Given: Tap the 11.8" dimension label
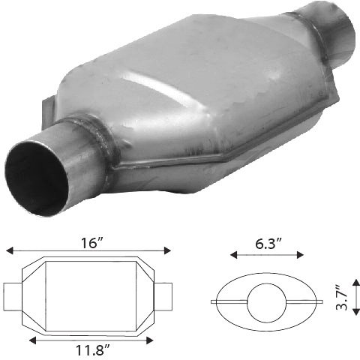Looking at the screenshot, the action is (92, 349).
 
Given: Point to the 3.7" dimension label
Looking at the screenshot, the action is (342, 297).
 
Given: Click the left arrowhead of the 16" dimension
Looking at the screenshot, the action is (9, 250).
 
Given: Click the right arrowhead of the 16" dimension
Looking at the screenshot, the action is (167, 250).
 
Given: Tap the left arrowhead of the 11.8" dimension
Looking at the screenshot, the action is (32, 340).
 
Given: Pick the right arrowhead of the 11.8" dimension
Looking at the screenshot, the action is (149, 340).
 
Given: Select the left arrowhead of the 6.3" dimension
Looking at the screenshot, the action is (233, 255).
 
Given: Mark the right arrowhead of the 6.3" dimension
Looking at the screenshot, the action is (300, 255).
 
